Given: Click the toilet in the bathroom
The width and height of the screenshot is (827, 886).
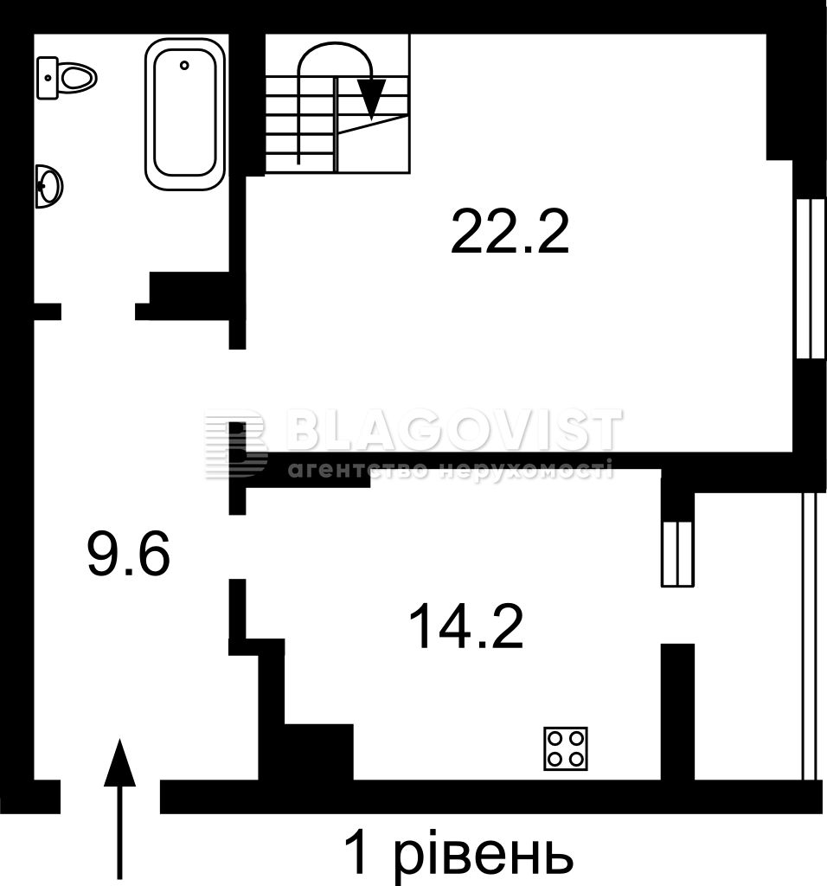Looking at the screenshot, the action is [x=67, y=78].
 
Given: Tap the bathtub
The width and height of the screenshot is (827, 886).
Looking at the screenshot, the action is [x=185, y=114].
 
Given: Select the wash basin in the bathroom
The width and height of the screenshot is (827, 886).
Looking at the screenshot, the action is [x=48, y=186].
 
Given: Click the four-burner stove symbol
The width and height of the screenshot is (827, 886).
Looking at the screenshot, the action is [x=566, y=748].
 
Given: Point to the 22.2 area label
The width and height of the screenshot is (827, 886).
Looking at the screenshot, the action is [x=510, y=232].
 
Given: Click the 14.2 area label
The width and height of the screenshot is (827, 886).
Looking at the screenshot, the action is [x=465, y=626].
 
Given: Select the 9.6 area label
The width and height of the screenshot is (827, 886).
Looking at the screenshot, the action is [x=128, y=554].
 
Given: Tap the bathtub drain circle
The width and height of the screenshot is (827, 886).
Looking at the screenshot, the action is [x=184, y=66].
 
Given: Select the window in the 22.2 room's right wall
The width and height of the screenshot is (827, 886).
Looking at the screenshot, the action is [x=811, y=279].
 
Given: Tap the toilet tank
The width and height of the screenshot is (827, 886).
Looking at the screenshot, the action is [x=48, y=78].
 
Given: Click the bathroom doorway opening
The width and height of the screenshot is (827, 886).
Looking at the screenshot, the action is [x=99, y=311].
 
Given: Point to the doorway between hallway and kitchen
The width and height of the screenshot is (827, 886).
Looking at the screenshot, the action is [x=237, y=547].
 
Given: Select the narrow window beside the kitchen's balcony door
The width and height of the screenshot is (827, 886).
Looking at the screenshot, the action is [x=677, y=554].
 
